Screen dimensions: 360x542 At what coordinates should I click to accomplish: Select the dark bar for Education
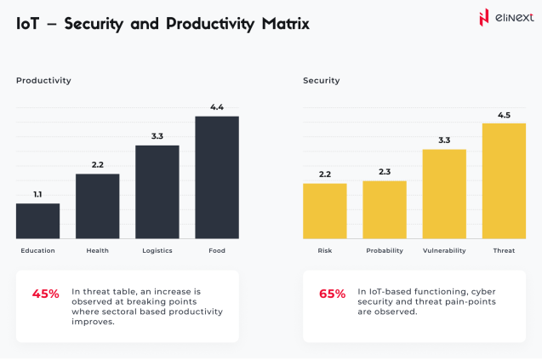point(37,220)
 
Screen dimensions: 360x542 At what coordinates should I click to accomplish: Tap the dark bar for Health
point(97,206)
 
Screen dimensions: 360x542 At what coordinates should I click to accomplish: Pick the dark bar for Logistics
point(157,191)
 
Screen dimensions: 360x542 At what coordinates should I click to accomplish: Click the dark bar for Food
point(217,177)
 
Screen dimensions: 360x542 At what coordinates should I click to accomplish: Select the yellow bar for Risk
point(325,210)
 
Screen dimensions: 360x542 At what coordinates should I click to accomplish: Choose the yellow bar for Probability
point(385,209)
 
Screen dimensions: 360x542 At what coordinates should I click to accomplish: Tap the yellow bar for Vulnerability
point(444,193)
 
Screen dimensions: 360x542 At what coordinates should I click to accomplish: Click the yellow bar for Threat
point(504,180)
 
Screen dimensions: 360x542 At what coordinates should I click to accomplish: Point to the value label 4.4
point(217,107)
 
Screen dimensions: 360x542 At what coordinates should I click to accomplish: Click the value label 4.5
point(504,114)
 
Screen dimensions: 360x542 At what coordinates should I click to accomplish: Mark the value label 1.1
point(37,195)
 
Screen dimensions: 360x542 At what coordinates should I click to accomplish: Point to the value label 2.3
point(385,172)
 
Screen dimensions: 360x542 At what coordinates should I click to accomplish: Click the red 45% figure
point(46,294)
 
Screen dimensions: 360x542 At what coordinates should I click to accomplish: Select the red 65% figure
point(333,294)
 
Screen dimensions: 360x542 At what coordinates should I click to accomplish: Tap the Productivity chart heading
point(43,81)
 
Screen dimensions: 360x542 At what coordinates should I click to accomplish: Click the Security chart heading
point(322,81)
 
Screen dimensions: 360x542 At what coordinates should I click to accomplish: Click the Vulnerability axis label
point(444,251)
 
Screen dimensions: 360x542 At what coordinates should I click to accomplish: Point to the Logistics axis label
point(157,251)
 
